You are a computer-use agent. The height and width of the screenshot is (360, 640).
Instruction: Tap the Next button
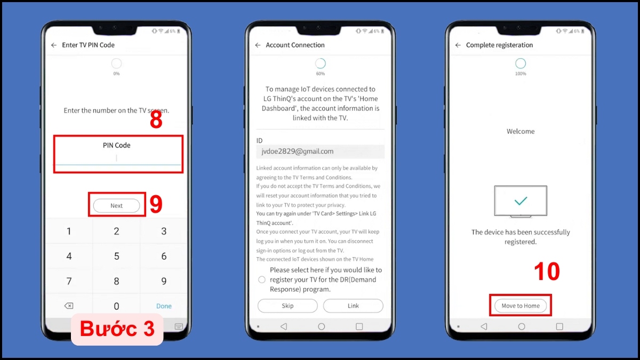117,205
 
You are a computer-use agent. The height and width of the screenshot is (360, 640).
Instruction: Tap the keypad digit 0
116,306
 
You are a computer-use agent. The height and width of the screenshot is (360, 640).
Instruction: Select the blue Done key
164,306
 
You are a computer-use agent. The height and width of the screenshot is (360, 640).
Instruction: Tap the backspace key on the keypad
69,306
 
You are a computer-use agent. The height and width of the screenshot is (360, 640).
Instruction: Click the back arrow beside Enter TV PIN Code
54,45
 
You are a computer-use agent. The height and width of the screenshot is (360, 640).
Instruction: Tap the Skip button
287,306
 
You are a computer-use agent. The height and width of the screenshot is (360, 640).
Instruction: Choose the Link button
353,306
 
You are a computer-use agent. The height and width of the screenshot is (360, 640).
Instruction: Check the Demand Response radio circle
262,279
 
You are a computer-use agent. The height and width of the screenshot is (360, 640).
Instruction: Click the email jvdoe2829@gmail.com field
321,151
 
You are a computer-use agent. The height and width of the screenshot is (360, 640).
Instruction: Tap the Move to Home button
521,306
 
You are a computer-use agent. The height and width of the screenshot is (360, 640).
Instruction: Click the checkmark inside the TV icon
521,201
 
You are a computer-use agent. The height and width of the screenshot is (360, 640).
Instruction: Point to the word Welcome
521,131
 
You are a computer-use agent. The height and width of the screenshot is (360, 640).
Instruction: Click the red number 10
547,271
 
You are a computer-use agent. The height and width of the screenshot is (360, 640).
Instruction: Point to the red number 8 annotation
156,119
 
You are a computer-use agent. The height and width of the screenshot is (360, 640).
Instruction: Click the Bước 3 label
117,329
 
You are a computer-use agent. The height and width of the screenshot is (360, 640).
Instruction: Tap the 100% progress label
521,74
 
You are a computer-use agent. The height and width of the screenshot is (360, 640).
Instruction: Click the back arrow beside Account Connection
258,45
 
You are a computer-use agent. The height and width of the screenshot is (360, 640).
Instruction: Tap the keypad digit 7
69,281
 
